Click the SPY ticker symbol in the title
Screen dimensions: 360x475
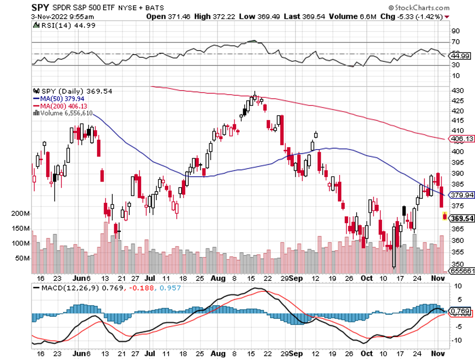click(40, 8)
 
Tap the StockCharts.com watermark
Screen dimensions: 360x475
click(419, 8)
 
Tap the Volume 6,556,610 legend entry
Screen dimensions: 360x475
click(64, 113)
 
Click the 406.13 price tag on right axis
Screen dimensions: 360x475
click(462, 139)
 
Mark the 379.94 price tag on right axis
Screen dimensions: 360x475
click(462, 195)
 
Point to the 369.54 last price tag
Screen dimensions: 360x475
click(462, 219)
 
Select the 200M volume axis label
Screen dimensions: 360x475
click(20, 214)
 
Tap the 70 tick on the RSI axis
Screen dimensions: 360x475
click(455, 42)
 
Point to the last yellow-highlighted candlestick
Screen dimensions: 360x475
click(445, 217)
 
